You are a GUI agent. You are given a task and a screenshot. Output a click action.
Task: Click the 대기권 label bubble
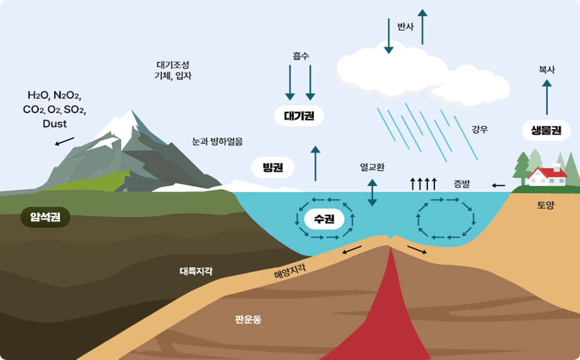pyautogui.click(x=299, y=116)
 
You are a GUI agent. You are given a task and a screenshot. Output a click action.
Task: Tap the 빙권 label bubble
pyautogui.click(x=273, y=167)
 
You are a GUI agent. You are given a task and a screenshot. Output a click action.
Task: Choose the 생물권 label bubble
pyautogui.click(x=547, y=131)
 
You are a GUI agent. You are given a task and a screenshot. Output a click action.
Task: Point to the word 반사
pyautogui.click(x=405, y=27)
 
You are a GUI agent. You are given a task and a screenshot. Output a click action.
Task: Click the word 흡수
pyautogui.click(x=300, y=56)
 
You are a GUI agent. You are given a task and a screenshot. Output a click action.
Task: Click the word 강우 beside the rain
pyautogui.click(x=480, y=130)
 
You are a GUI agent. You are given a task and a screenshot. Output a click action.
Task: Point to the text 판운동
pyautogui.click(x=248, y=320)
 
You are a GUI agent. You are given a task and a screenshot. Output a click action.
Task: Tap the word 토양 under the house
pyautogui.click(x=546, y=205)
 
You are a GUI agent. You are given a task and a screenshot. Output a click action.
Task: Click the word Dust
pyautogui.click(x=54, y=123)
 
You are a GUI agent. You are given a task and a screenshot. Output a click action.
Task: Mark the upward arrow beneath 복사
pyautogui.click(x=547, y=98)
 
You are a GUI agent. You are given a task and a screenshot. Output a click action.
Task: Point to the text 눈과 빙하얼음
pyautogui.click(x=218, y=141)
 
